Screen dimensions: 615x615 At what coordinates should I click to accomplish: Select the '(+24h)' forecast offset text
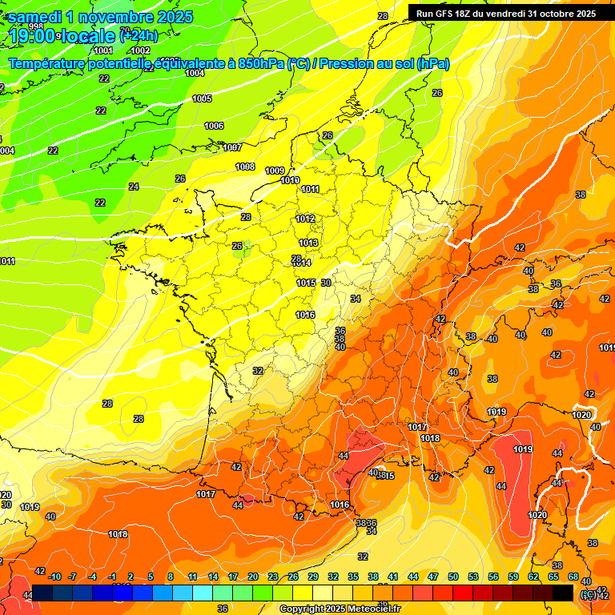tap(139, 36)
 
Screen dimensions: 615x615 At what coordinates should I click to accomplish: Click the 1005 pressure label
tap(202, 98)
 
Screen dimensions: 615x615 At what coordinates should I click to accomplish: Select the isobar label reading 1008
tap(245, 167)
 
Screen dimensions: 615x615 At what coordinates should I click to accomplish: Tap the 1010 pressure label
tap(290, 180)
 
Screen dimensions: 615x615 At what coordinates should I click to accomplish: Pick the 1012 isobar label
tap(305, 219)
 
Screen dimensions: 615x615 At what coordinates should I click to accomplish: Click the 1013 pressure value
tap(308, 243)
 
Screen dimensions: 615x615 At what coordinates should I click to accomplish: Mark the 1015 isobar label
tap(306, 283)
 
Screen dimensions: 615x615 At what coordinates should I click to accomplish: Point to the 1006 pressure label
tap(214, 126)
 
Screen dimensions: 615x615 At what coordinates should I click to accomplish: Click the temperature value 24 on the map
tap(134, 187)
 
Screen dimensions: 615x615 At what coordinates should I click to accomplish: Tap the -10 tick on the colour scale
tap(54, 577)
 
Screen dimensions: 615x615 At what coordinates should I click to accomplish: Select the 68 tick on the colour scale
tap(573, 577)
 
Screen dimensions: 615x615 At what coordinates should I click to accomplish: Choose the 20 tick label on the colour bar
tap(252, 577)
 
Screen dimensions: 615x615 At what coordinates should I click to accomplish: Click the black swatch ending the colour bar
tap(563, 593)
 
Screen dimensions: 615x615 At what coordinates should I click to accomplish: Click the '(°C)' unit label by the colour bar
tap(588, 593)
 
